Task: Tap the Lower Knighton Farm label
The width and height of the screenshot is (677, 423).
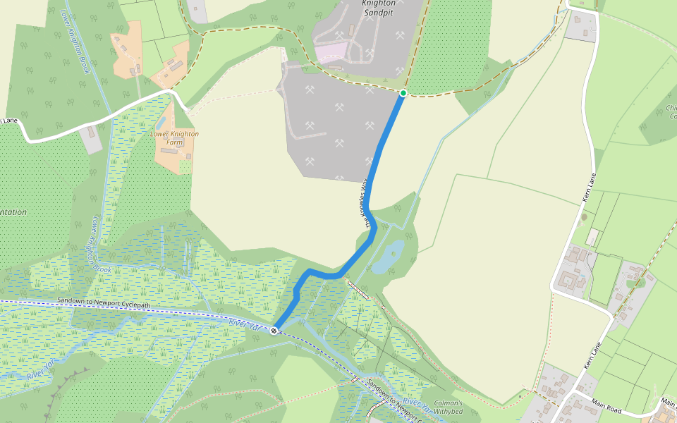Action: tap(174, 138)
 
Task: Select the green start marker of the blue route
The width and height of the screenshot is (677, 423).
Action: tap(403, 93)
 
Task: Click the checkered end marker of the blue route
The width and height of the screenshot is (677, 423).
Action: tap(274, 329)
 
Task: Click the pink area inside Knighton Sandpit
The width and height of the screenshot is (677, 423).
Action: tap(331, 52)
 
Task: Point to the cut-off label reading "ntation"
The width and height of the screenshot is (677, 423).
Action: tap(13, 212)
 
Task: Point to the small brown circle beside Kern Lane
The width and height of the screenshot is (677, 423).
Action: tap(584, 217)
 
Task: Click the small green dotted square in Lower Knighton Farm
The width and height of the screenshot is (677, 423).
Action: tap(185, 166)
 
